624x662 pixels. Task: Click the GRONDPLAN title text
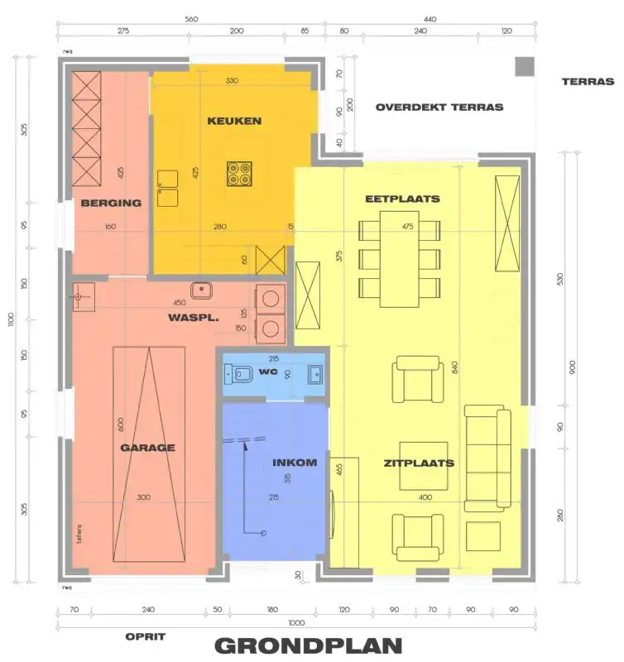tap(309, 645)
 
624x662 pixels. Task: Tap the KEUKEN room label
tap(234, 121)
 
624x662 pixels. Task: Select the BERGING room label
tap(111, 203)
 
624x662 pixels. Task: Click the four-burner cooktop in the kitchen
tap(240, 174)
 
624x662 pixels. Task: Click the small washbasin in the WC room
tap(315, 373)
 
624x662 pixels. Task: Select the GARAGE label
tap(148, 448)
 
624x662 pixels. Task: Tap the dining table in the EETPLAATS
tap(400, 257)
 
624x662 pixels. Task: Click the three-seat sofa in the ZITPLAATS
tap(487, 456)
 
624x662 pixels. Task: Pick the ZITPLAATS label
tap(419, 463)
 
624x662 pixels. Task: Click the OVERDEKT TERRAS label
tap(439, 108)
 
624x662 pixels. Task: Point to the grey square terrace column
tap(524, 67)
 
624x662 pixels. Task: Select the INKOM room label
tap(295, 463)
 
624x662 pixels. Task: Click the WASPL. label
tap(194, 317)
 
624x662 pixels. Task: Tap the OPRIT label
tap(146, 636)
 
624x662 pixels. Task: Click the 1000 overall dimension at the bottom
tap(297, 623)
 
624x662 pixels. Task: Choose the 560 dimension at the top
tap(192, 19)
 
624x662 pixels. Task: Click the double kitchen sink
tap(168, 188)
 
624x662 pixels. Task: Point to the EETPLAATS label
tap(402, 199)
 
